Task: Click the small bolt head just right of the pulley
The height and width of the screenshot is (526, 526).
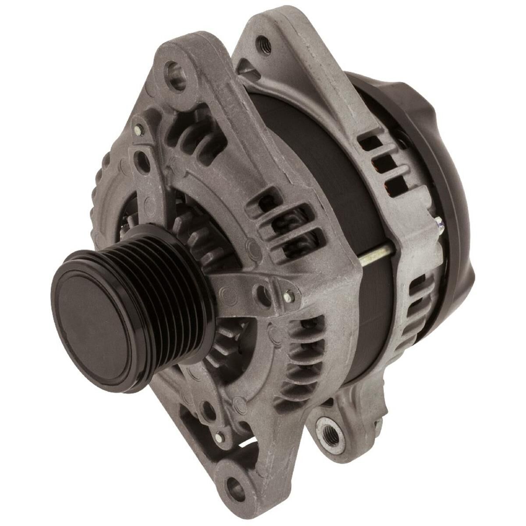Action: (x=288, y=297)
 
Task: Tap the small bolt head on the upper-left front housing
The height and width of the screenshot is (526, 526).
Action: (x=139, y=128)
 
